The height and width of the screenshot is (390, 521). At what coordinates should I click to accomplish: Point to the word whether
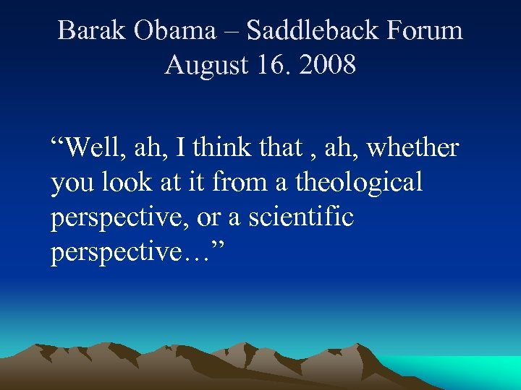[413, 147]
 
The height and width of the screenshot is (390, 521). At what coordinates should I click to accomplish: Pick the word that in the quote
[279, 147]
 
